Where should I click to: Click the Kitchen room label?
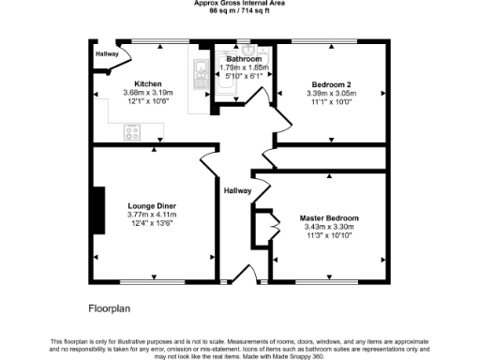click(x=148, y=82)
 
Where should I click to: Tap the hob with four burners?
click(x=132, y=132)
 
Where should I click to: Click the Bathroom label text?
click(x=243, y=58)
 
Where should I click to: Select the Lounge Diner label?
click(x=152, y=205)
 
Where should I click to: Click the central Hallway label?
click(x=236, y=191)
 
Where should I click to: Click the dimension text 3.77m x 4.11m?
click(x=152, y=215)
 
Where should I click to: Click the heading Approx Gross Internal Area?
click(x=239, y=4)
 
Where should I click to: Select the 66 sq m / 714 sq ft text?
click(x=239, y=11)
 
